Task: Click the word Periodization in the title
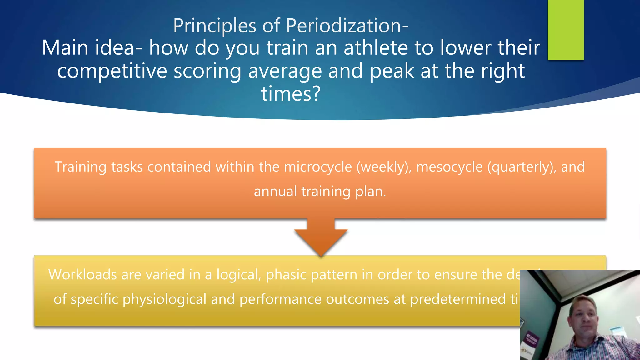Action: point(347,26)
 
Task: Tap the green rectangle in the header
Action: point(566,30)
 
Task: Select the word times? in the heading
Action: point(291,93)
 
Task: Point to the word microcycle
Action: point(318,167)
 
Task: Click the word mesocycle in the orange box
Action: point(449,167)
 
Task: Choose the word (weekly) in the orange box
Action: point(384,167)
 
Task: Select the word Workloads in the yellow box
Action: point(82,275)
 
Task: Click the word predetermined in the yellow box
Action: point(457,299)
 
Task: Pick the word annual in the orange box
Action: point(275,192)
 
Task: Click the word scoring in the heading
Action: point(207,71)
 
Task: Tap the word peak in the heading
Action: point(392,71)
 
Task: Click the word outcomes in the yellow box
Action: point(357,299)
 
